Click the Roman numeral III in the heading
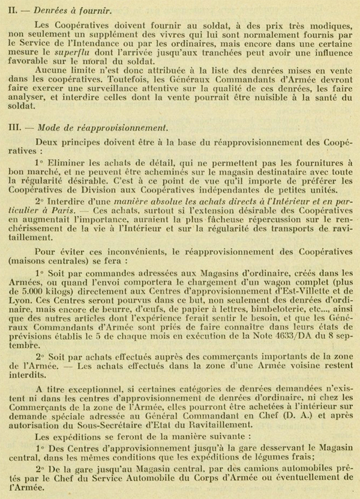tap(13, 127)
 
